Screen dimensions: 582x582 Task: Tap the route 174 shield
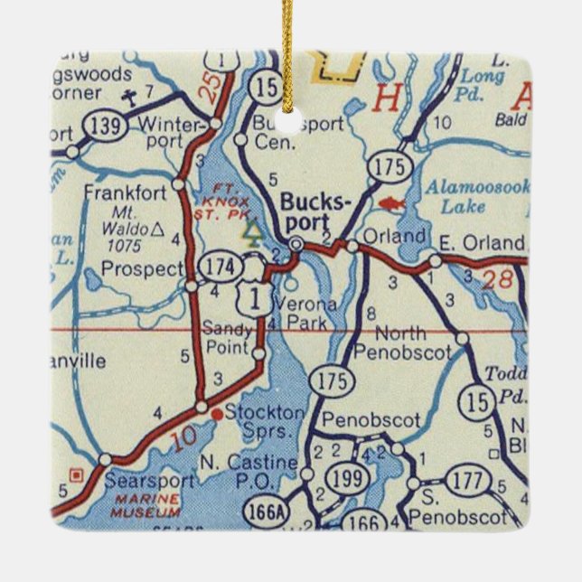(223, 267)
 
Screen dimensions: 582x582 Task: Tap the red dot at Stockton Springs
(217, 413)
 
